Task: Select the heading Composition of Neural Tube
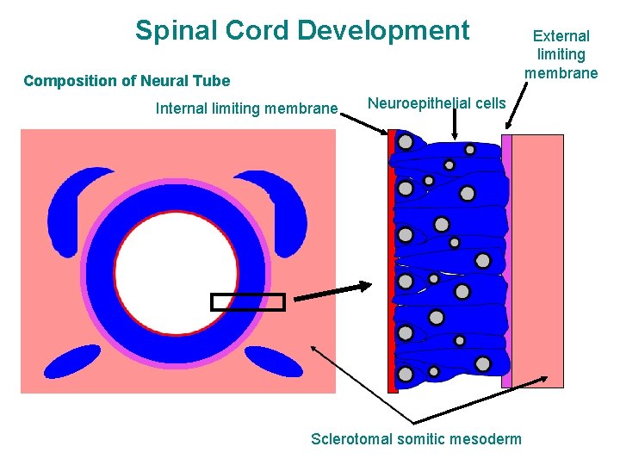pos(127,81)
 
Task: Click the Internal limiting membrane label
pos(246,108)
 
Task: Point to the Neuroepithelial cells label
pos(437,103)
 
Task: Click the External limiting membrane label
pos(561,54)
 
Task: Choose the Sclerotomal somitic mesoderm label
pos(416,439)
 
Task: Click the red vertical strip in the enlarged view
pos(393,258)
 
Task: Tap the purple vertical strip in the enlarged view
pos(506,258)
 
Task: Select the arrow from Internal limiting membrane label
pos(367,126)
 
